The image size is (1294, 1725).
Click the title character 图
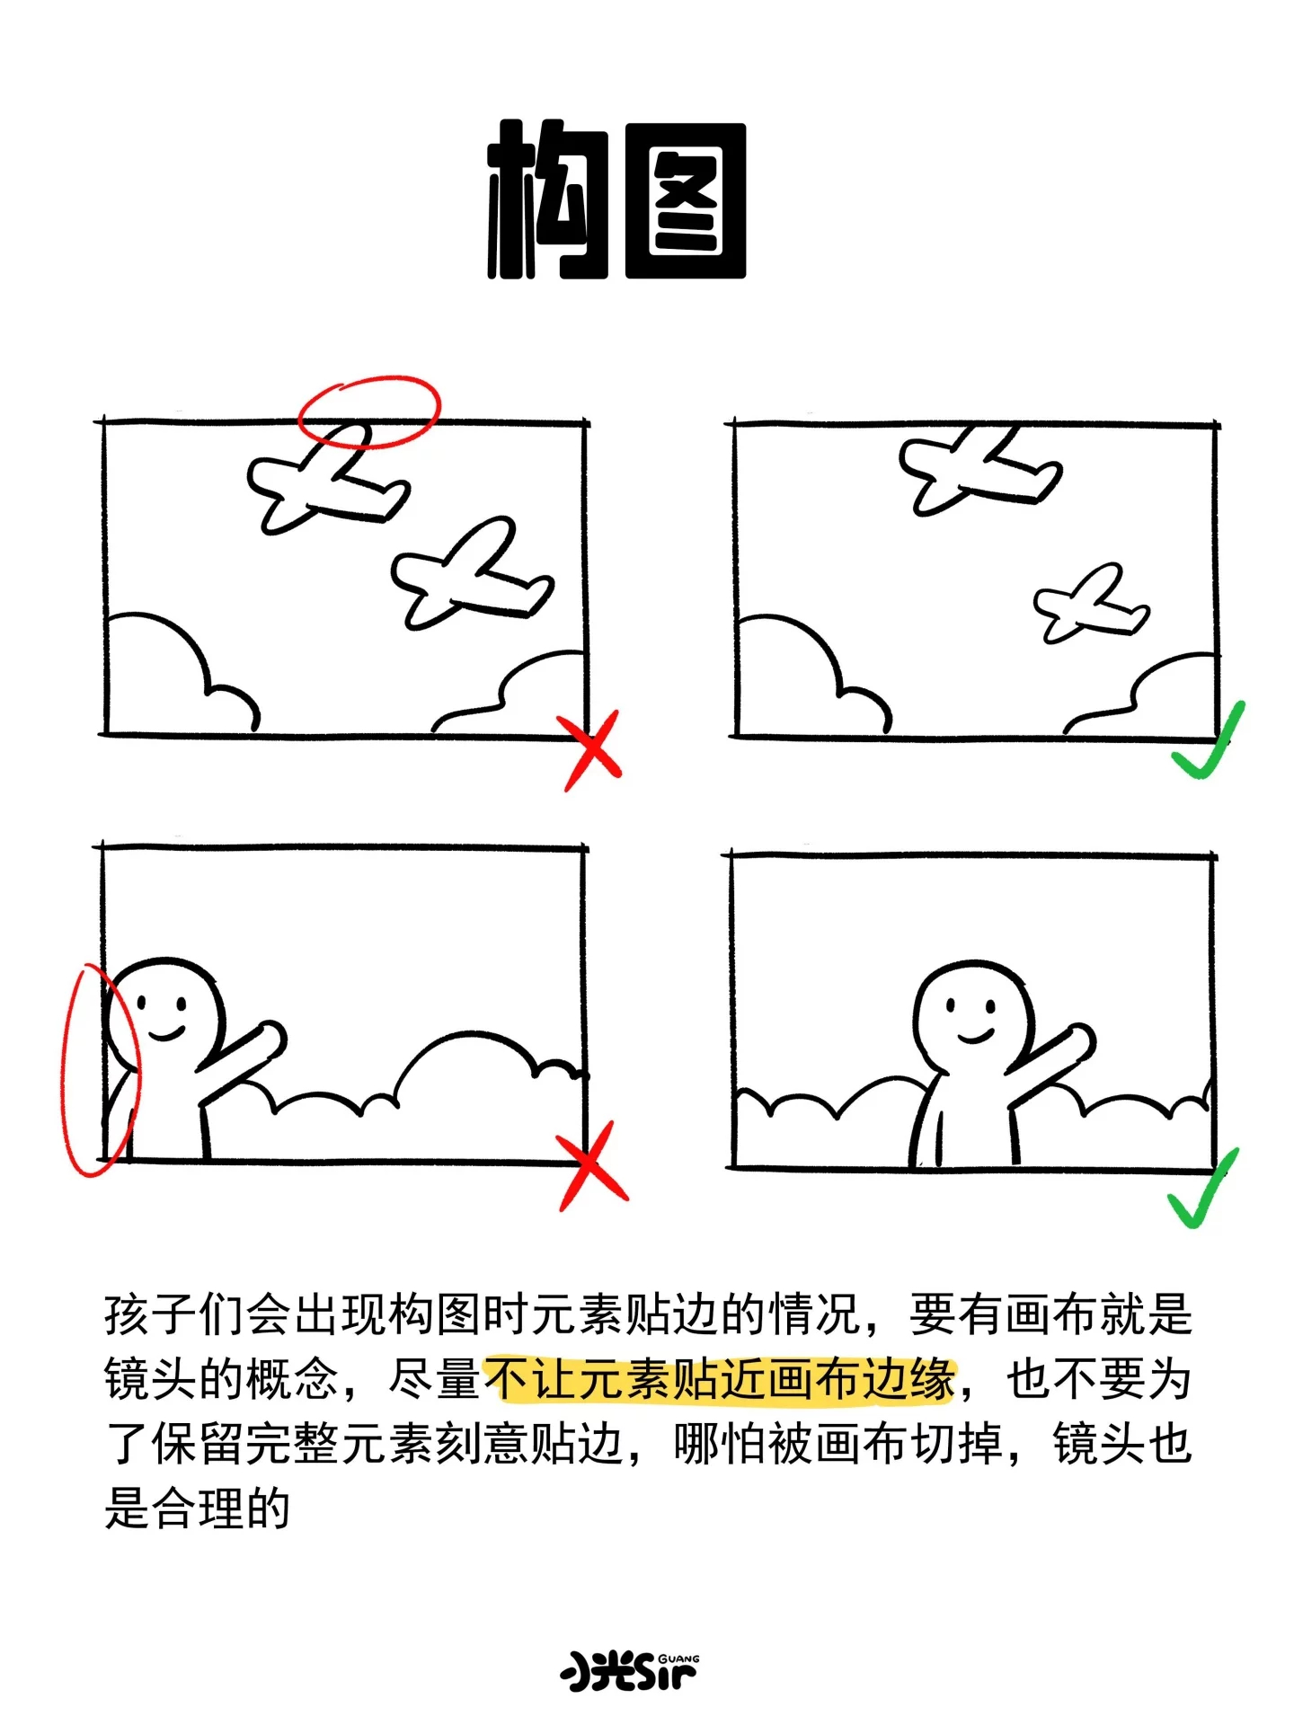[686, 200]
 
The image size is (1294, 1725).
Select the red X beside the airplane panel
[589, 750]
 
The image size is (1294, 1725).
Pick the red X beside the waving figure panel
[592, 1165]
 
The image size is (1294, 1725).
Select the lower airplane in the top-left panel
[472, 575]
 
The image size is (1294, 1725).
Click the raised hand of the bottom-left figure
[266, 1040]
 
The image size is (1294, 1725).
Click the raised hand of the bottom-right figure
[1076, 1042]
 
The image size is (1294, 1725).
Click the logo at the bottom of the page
[630, 1670]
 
